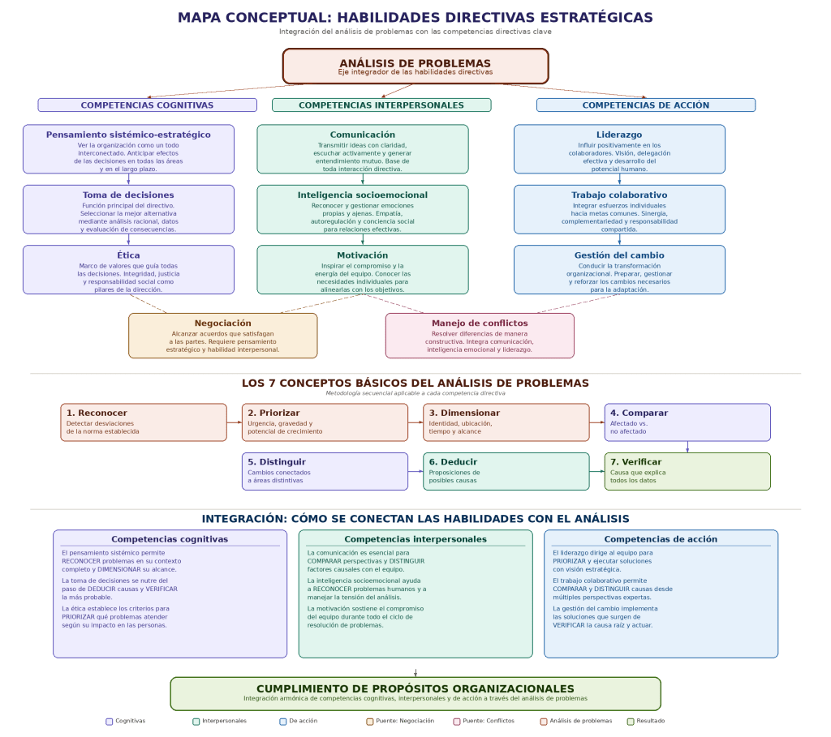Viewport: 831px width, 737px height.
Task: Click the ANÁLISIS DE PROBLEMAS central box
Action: click(x=415, y=66)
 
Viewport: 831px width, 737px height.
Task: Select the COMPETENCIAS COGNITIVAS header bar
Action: click(x=147, y=105)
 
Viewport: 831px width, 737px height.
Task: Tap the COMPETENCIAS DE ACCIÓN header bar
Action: click(x=645, y=105)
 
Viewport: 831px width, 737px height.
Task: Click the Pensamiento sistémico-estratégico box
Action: click(x=128, y=149)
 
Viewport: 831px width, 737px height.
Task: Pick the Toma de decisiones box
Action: click(x=128, y=209)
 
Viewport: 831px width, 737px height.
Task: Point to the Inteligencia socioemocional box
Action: click(x=362, y=209)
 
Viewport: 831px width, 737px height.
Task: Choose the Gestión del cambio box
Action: click(x=619, y=269)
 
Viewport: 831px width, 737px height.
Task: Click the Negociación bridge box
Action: click(x=222, y=336)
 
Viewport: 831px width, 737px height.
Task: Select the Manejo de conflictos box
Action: click(x=479, y=336)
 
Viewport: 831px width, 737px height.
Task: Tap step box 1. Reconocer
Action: click(x=144, y=422)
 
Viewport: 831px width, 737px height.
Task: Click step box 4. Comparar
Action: click(x=687, y=422)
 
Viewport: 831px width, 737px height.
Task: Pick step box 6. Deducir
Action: click(x=506, y=471)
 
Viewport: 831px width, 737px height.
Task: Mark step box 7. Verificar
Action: click(x=687, y=471)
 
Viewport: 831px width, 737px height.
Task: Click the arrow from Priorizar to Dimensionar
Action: click(x=415, y=422)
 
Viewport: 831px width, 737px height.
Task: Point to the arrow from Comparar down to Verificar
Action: click(x=687, y=447)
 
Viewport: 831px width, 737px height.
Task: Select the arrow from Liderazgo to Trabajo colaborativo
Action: click(x=619, y=179)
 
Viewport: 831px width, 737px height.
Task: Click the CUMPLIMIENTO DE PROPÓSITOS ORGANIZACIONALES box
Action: click(x=415, y=693)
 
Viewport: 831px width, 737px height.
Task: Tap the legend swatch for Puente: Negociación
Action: click(x=370, y=721)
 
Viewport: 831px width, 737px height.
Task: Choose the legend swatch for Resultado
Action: click(x=631, y=721)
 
